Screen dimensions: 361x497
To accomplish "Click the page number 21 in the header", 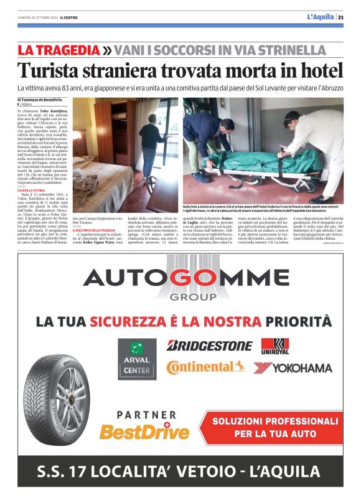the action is (349, 17).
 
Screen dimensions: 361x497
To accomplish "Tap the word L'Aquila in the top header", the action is (320, 17).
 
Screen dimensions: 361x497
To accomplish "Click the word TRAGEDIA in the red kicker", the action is (68, 50).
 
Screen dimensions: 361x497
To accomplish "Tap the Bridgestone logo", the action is (209, 345).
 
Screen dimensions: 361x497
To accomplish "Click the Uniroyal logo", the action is (274, 346).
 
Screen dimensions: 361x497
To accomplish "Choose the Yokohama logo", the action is (293, 367).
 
